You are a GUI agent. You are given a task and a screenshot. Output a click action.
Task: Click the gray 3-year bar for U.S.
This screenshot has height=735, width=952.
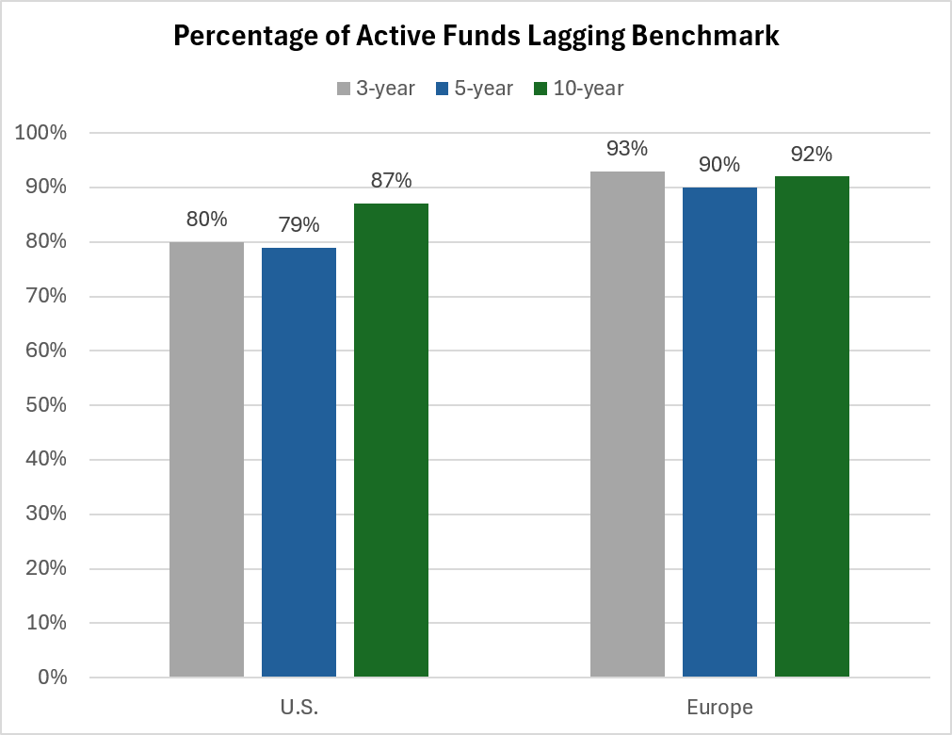(x=206, y=459)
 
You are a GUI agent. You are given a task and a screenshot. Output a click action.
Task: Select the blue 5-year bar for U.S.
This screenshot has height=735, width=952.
(x=299, y=463)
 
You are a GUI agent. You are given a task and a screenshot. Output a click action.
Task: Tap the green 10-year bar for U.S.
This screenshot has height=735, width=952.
(x=391, y=440)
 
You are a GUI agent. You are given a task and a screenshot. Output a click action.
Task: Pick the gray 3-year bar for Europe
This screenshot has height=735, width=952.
(x=627, y=424)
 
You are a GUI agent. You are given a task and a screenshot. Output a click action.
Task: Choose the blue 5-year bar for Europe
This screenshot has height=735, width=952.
(x=719, y=432)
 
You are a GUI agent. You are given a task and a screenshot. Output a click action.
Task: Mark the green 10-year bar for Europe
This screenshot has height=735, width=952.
(x=812, y=427)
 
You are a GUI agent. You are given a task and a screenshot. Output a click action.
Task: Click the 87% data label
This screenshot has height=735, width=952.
(x=391, y=180)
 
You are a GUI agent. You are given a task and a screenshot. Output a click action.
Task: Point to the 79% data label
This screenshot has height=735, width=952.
(x=299, y=225)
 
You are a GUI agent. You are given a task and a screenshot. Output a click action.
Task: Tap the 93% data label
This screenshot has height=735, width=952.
(x=627, y=148)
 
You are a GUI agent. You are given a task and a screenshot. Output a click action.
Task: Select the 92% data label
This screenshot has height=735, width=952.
(x=812, y=155)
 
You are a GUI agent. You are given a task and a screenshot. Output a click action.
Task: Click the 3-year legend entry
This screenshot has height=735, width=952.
(x=376, y=89)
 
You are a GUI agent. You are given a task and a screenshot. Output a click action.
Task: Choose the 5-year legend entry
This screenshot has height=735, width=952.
(x=475, y=89)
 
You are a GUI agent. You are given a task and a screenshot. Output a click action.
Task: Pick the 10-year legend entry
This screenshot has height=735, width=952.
(x=578, y=89)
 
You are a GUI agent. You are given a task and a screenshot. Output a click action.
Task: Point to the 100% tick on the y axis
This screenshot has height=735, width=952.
(x=40, y=133)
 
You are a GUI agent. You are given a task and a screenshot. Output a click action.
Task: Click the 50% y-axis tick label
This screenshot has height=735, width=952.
(x=46, y=404)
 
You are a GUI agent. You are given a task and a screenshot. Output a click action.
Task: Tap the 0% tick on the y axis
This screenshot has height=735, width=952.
(x=52, y=677)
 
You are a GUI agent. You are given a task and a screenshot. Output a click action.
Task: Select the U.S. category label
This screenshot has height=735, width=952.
(x=299, y=707)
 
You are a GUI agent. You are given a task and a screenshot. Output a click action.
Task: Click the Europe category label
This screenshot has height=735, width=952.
(x=720, y=707)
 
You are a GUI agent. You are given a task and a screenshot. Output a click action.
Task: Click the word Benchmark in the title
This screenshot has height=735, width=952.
(x=705, y=35)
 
